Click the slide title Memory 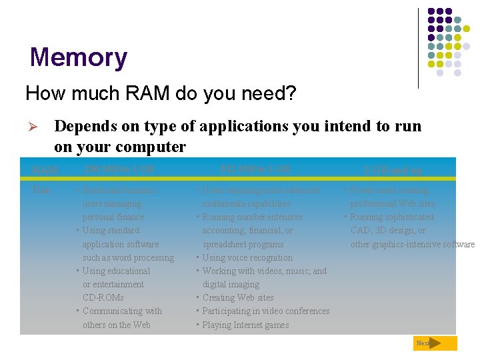78,57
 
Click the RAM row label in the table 45,169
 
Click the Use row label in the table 41,190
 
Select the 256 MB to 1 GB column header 119,169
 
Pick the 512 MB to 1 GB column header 255,169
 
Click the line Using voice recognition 247,257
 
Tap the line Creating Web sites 237,297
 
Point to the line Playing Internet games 245,325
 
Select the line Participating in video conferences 265,311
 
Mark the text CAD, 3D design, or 388,230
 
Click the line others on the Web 116,325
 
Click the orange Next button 434,343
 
